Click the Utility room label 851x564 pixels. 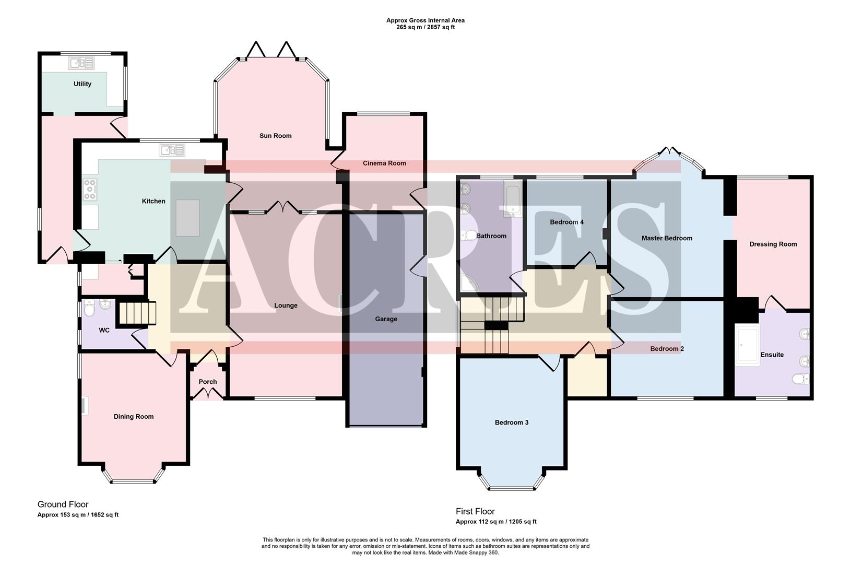click(x=82, y=84)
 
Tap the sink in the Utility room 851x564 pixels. click(x=81, y=64)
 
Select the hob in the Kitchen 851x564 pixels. click(x=90, y=189)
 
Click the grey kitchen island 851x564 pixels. click(x=187, y=217)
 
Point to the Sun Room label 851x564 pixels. click(x=275, y=136)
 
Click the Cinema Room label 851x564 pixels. click(x=384, y=163)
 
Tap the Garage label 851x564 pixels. click(x=386, y=319)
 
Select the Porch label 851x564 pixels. click(x=208, y=382)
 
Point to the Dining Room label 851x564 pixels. click(x=134, y=417)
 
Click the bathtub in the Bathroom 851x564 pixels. click(x=513, y=198)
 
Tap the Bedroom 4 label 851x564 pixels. click(x=566, y=222)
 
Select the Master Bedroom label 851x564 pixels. click(x=667, y=238)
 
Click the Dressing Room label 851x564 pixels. click(x=773, y=244)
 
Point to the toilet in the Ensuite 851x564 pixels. click(x=800, y=379)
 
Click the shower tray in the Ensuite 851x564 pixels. click(x=747, y=345)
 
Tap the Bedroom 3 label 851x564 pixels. click(x=512, y=422)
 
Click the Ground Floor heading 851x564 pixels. click(x=63, y=504)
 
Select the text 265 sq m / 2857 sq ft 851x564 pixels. click(x=425, y=27)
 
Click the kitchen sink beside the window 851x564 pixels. click(x=172, y=150)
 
